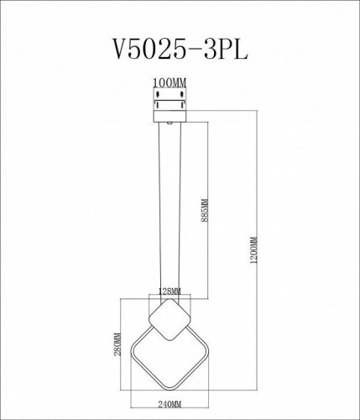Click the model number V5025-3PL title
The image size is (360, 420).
(x=180, y=49)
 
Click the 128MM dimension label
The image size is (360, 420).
(x=170, y=292)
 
